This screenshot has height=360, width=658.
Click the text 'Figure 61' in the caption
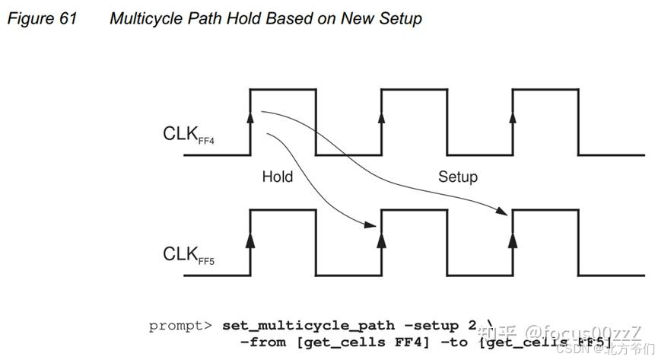coord(42,18)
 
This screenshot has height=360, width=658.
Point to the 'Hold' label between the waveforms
coord(278,177)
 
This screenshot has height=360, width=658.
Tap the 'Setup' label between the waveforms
coord(458,177)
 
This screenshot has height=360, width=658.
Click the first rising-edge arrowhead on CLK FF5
coord(250,237)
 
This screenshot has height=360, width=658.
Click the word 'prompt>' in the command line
coord(181,326)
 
